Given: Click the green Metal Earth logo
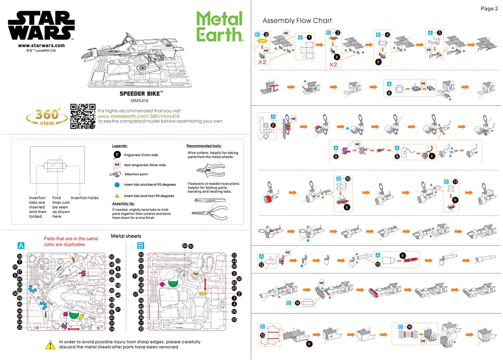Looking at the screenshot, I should (x=218, y=26).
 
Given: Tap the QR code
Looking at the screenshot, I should (x=83, y=116).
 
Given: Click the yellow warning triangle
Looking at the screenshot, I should (x=50, y=345).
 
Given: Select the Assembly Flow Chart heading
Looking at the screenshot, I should (x=297, y=20).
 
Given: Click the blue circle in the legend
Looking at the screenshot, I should (x=117, y=184).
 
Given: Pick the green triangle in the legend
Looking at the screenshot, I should (x=117, y=196).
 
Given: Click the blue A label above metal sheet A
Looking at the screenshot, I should (x=21, y=245).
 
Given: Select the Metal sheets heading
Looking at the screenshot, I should (x=126, y=236).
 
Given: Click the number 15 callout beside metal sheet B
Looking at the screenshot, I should (x=234, y=320).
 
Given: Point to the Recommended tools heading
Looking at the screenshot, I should (x=204, y=146).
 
